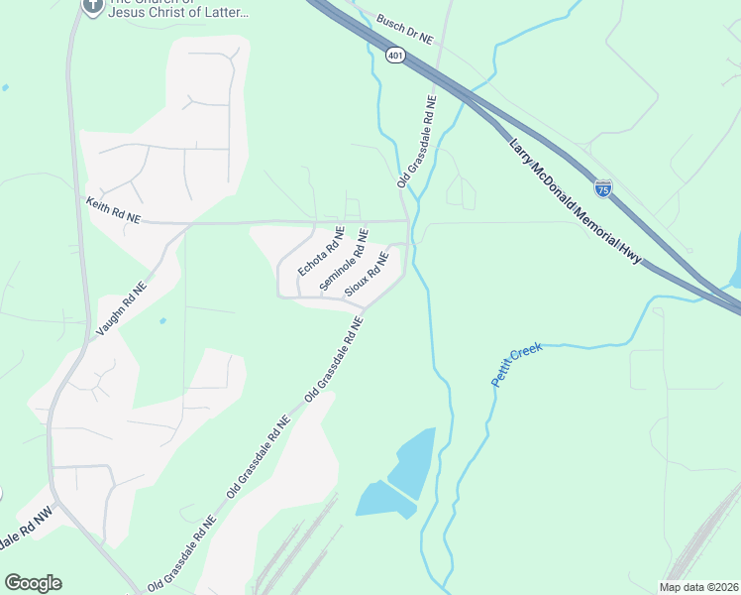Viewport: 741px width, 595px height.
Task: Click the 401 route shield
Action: (395, 57)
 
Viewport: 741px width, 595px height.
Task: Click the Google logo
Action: (33, 583)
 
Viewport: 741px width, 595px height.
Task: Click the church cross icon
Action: (92, 6)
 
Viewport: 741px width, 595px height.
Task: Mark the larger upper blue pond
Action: (413, 462)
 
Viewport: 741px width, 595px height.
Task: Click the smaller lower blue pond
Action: (382, 500)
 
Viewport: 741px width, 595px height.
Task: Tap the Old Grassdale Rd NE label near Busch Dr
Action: (417, 142)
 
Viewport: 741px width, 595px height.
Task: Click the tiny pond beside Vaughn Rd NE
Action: (161, 320)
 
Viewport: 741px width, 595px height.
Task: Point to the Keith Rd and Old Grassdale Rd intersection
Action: (407, 220)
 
